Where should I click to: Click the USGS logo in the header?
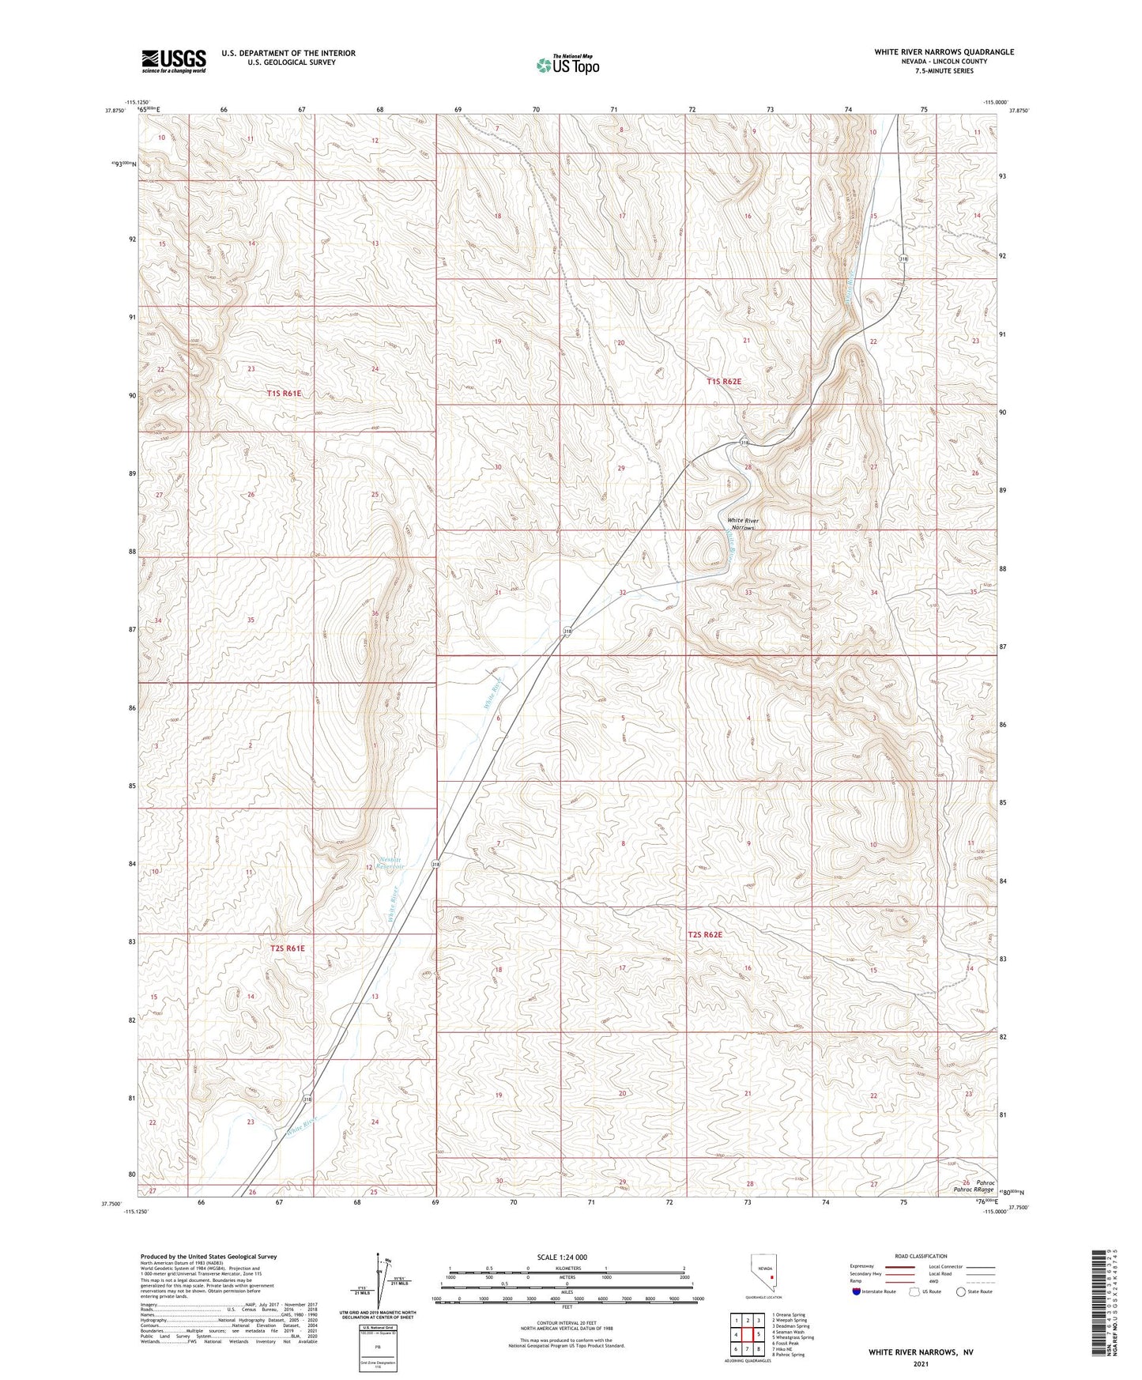174,60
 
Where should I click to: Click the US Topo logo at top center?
567,65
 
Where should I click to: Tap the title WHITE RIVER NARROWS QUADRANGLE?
944,52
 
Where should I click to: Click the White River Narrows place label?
742,524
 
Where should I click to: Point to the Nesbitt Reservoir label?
390,863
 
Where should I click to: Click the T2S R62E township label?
705,934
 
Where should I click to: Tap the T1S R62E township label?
724,381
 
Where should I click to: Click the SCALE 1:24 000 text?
562,1257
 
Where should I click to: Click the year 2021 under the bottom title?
920,1363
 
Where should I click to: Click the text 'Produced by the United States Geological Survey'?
209,1256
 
